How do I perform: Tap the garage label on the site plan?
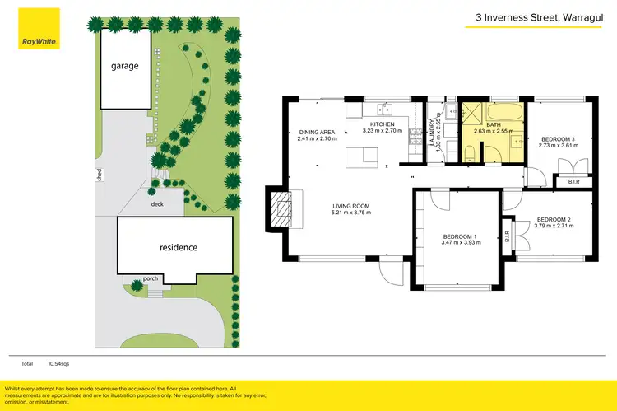tap(126, 66)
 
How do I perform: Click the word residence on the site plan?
tap(173, 247)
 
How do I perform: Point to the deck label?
tap(156, 204)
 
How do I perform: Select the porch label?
tap(151, 278)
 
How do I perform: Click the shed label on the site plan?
tap(98, 175)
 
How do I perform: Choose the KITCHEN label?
tap(383, 124)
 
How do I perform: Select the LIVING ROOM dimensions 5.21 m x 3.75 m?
tap(351, 213)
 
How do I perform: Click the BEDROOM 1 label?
tap(461, 236)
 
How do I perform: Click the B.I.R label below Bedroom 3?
tap(573, 182)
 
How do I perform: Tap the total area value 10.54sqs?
tap(59, 362)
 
